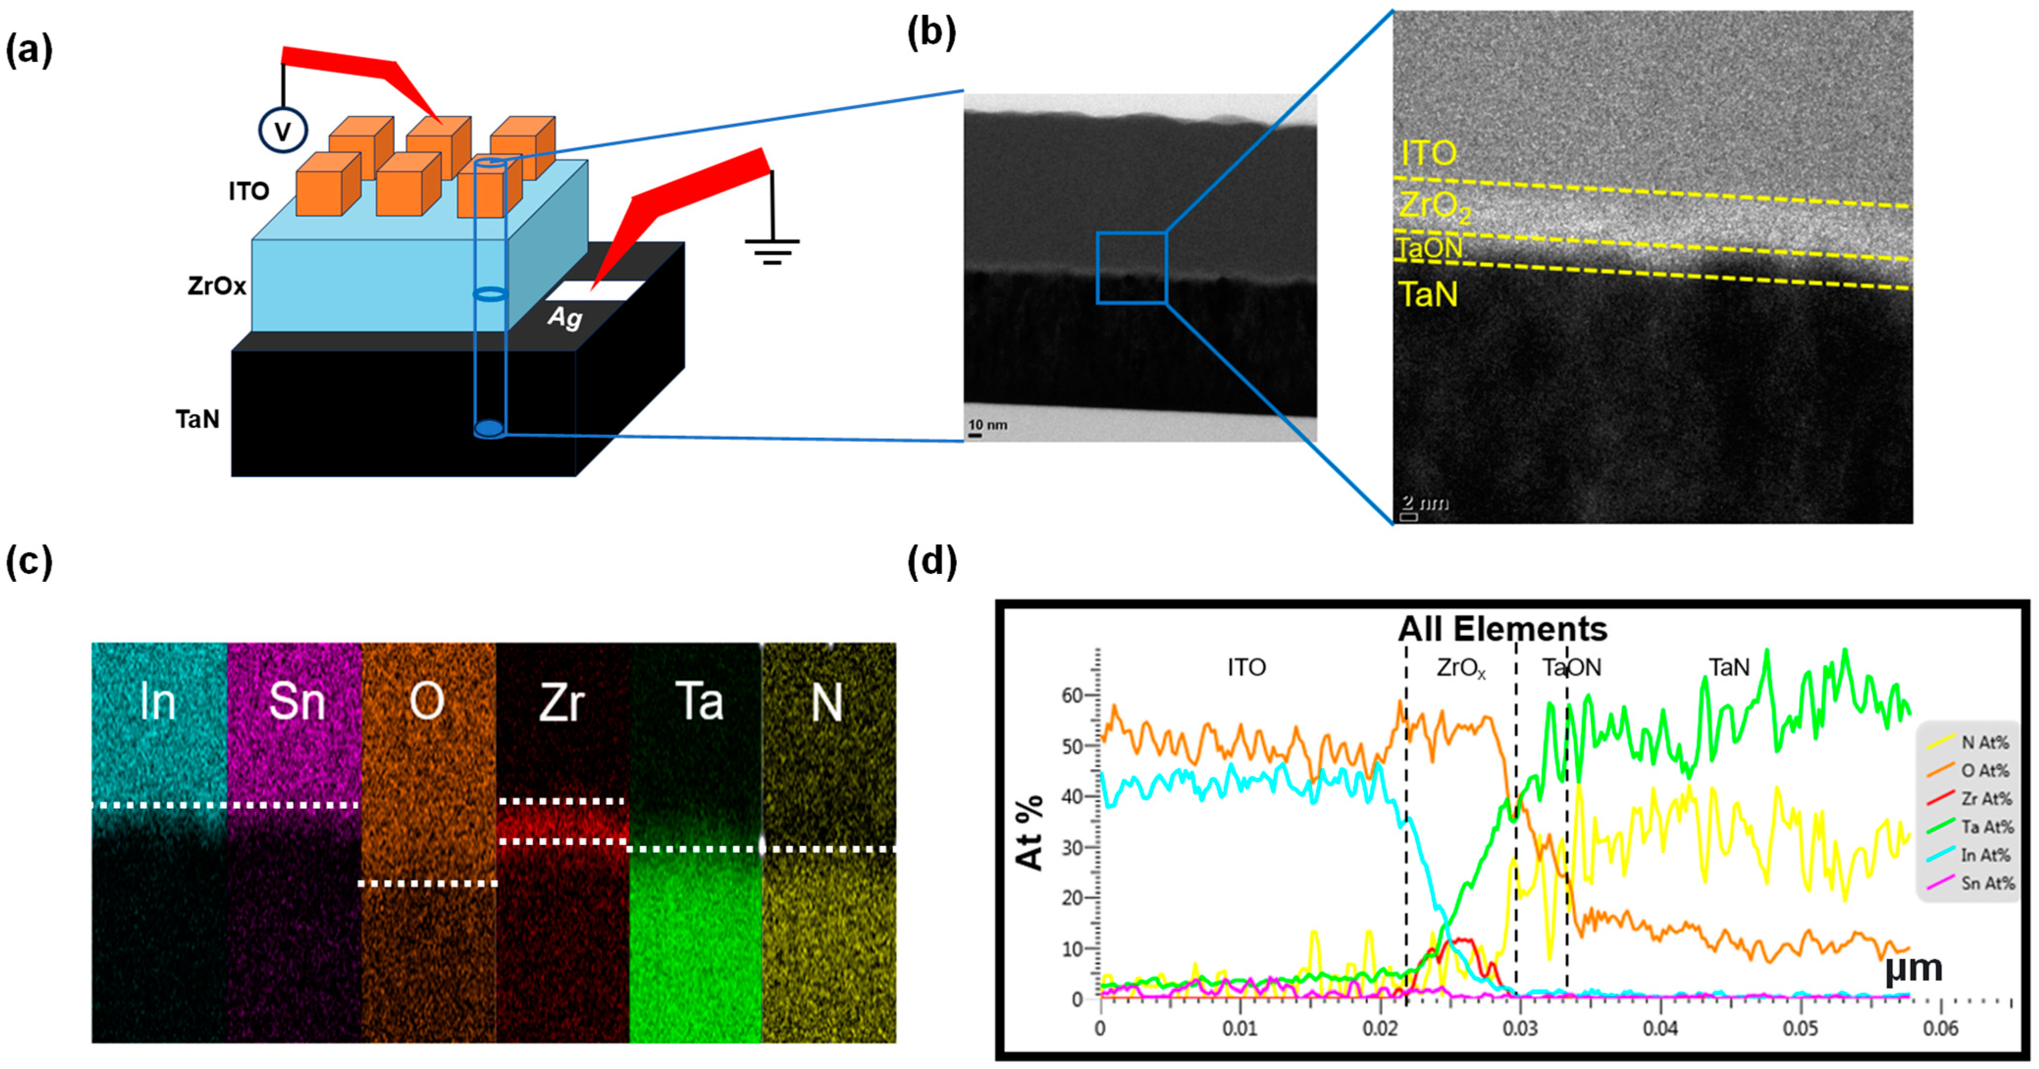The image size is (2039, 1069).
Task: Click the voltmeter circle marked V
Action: coord(283,130)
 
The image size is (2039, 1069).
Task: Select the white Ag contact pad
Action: coord(595,290)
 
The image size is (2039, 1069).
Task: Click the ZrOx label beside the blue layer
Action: coord(216,286)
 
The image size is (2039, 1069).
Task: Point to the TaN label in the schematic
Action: coord(198,419)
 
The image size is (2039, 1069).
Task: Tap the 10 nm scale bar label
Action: coord(988,425)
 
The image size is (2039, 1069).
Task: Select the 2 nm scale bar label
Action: coord(1425,504)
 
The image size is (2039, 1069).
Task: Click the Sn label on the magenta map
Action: coord(296,702)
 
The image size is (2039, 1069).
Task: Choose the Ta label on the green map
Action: coord(700,702)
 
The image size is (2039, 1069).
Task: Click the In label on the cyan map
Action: coord(157,702)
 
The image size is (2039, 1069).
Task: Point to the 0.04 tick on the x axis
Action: coord(1659,1029)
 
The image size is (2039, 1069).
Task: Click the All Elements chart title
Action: coord(1502,629)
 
